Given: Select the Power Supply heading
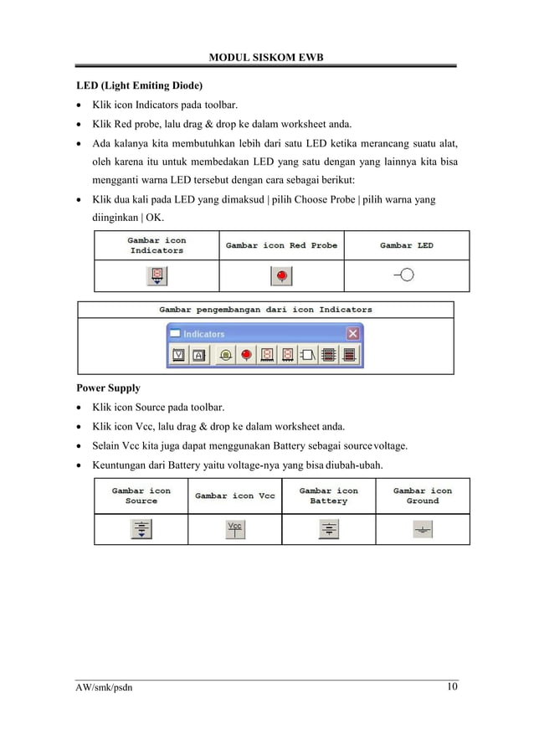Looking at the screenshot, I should point(108,388).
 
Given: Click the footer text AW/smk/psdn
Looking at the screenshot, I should point(104,688).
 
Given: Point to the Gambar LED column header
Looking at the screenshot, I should point(406,245).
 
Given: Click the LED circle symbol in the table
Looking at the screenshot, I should point(408,275).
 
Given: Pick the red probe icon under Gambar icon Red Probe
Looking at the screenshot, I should point(281,275).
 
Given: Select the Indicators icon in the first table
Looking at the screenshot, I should point(156,275).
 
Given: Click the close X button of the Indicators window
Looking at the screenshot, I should point(352,333).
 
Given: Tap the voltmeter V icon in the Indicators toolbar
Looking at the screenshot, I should point(179,355).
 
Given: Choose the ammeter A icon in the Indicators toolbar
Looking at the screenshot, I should point(199,355).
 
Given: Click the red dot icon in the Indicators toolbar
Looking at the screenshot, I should point(246,355).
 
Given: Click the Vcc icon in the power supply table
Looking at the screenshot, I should point(235,529).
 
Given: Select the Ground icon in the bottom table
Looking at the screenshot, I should point(423,529).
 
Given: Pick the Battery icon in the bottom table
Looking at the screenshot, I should point(328,529).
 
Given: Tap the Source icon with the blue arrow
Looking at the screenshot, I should point(141,529).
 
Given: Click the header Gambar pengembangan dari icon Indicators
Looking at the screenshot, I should point(265,309).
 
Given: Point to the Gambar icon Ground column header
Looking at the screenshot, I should point(423,496).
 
